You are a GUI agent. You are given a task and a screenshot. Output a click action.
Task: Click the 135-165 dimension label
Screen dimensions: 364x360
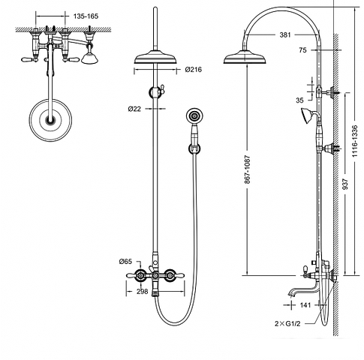pyautogui.click(x=86, y=16)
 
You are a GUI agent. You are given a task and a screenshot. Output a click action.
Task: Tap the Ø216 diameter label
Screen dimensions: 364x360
pyautogui.click(x=194, y=70)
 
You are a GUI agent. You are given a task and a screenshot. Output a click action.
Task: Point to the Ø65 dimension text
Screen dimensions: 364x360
pyautogui.click(x=125, y=262)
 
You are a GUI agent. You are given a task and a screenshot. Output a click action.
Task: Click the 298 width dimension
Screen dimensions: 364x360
pyautogui.click(x=143, y=292)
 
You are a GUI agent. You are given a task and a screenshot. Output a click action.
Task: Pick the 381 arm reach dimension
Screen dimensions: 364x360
pyautogui.click(x=285, y=34)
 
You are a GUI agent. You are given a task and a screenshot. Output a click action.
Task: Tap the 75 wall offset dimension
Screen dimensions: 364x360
pyautogui.click(x=302, y=50)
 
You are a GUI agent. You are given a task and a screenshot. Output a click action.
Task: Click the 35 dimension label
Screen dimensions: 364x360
pyautogui.click(x=299, y=100)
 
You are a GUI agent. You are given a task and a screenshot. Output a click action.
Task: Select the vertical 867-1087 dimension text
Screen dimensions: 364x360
pyautogui.click(x=248, y=169)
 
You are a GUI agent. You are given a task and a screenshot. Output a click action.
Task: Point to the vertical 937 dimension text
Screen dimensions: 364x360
pyautogui.click(x=345, y=184)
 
